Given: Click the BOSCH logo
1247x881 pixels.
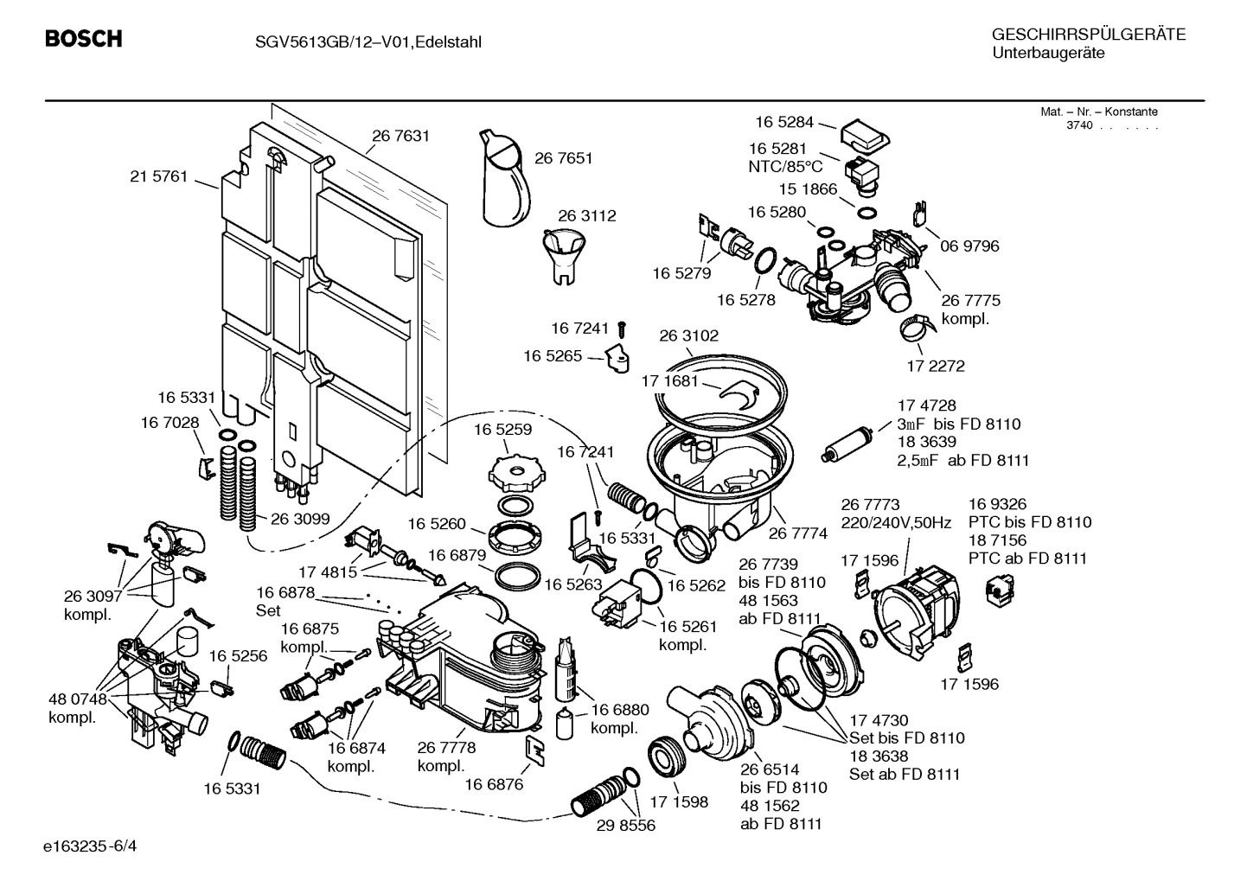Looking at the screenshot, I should tap(83, 40).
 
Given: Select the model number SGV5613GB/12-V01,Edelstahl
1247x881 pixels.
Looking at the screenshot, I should tap(355, 41).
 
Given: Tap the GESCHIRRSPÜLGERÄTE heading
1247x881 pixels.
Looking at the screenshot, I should tap(1088, 35).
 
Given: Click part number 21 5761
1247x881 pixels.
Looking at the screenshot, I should tap(158, 176).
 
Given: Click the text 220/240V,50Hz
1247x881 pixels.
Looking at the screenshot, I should tap(896, 523).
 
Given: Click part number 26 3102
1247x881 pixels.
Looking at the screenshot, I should tap(688, 335).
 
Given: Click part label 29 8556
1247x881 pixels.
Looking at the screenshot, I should tap(625, 825).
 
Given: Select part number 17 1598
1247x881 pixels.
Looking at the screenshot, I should tap(679, 801).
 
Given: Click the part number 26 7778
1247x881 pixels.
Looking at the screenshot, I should tap(446, 748).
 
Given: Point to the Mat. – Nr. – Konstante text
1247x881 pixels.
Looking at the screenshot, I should tap(1098, 112).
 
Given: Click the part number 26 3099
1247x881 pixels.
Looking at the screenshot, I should tap(300, 519).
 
